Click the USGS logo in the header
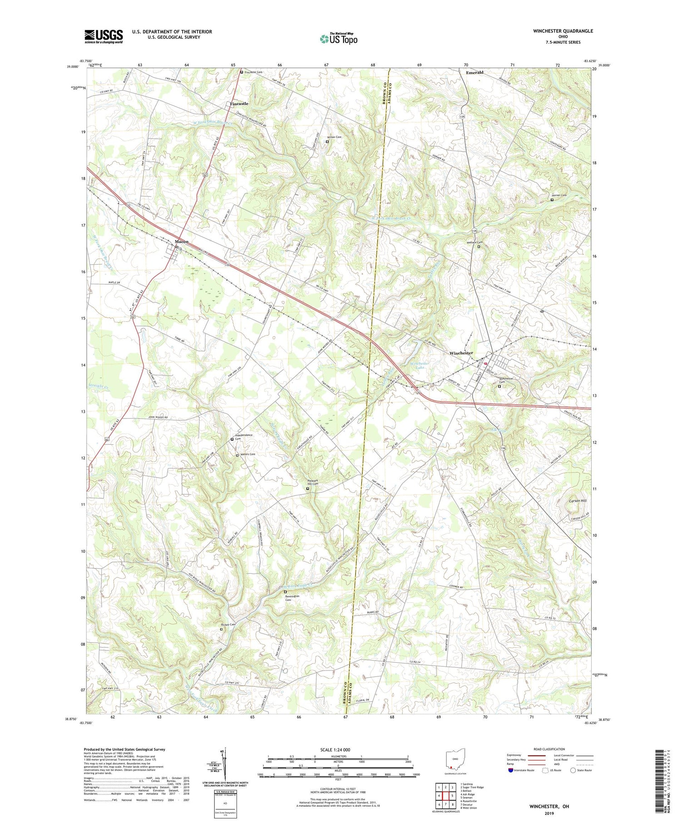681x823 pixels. pos(104,36)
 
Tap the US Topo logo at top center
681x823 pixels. pos(338,39)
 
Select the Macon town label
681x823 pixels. pos(182,241)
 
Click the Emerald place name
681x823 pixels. pos(474,73)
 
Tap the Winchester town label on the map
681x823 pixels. pos(461,353)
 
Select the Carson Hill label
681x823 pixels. pos(577,501)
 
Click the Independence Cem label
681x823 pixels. pos(243,437)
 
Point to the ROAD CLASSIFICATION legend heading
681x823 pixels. pos(549,749)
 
